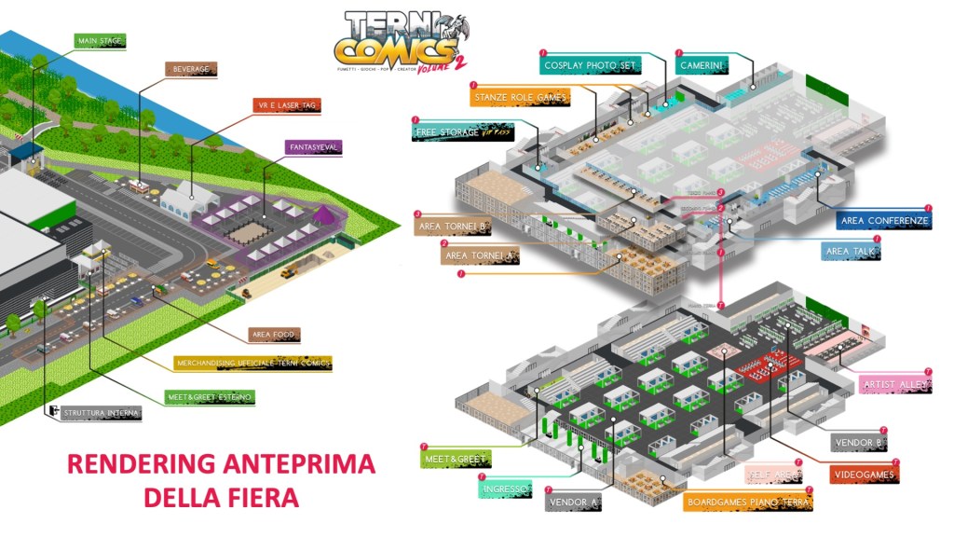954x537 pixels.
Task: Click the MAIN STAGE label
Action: coord(99,41)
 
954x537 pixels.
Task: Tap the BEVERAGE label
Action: coord(191,69)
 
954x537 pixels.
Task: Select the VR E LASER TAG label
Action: coord(288,105)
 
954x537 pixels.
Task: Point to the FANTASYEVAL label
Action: coord(314,147)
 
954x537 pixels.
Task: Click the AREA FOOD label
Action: coord(275,334)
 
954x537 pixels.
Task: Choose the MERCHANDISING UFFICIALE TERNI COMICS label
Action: coord(253,363)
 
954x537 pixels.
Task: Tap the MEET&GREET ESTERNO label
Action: coord(210,396)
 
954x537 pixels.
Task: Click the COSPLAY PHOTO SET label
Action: coord(591,66)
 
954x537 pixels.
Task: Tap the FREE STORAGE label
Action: coord(464,132)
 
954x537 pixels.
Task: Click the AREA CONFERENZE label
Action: coord(884,221)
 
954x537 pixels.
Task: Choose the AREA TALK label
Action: coord(851,252)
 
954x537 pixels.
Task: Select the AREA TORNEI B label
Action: coord(455,227)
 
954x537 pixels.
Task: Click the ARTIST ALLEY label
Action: coord(893,384)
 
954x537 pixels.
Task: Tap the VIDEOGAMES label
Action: coord(864,475)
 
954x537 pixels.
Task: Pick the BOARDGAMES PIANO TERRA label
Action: coord(748,503)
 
